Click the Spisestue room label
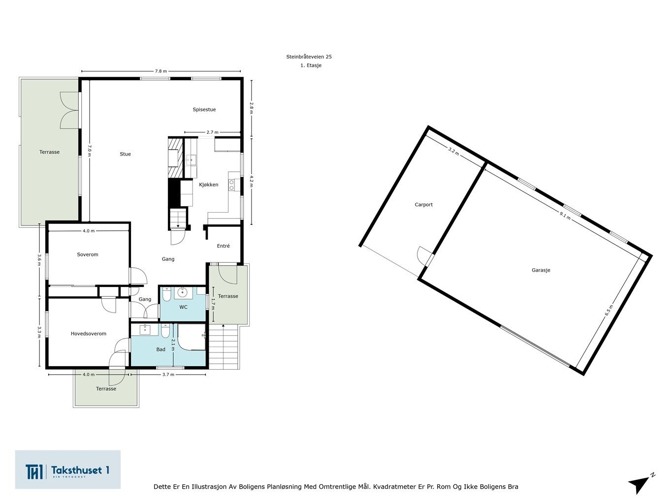(x=204, y=110)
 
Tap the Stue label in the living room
(x=125, y=154)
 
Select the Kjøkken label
(x=208, y=185)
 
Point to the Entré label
(x=223, y=246)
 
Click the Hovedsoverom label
(x=89, y=334)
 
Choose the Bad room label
(x=160, y=349)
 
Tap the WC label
(x=183, y=307)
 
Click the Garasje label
(x=541, y=270)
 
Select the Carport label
(x=424, y=205)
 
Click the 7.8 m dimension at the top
(x=160, y=71)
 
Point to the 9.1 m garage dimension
(x=565, y=216)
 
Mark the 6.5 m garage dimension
(x=609, y=310)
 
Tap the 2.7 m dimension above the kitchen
(x=213, y=132)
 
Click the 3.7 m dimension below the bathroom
(x=168, y=375)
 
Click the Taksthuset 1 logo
(x=67, y=470)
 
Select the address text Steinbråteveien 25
(x=309, y=57)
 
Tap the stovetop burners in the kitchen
(x=232, y=185)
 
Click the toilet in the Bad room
(x=165, y=331)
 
